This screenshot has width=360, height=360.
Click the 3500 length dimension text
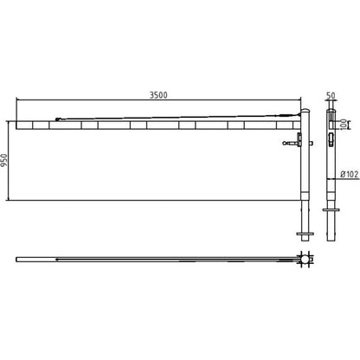(x=158, y=95)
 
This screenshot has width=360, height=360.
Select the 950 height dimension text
(x=3, y=161)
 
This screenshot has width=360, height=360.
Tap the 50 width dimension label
(x=331, y=95)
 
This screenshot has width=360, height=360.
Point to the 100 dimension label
(x=344, y=125)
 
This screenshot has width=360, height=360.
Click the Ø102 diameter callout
(x=350, y=174)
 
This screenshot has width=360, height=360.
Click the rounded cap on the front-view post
(x=305, y=111)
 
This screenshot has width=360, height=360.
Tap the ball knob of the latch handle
(x=284, y=143)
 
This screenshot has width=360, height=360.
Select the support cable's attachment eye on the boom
(x=57, y=119)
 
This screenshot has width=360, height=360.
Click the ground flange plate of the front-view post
(x=305, y=234)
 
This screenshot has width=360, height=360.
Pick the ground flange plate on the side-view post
(x=331, y=209)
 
